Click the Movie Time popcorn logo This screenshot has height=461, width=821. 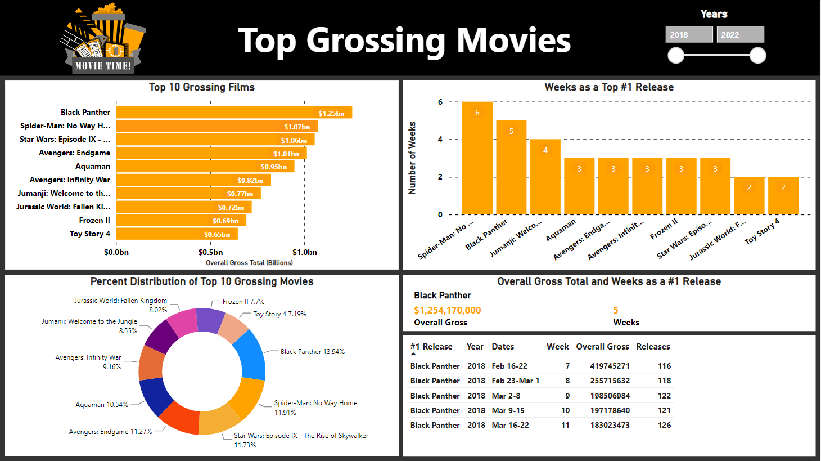coord(103,39)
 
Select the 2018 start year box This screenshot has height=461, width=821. coord(689,34)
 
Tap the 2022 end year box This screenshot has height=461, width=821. coord(740,34)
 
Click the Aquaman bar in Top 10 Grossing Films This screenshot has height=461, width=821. coord(205,167)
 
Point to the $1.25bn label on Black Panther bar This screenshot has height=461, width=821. coord(331,113)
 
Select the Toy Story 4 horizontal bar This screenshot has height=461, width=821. coord(177,234)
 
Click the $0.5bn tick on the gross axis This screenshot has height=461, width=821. coord(210,252)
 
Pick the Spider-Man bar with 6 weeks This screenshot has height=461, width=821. coord(477,158)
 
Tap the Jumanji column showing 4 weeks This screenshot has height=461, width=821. coord(545,177)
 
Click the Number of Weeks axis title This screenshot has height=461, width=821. coord(412,158)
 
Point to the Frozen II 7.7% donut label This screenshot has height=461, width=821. coord(243,302)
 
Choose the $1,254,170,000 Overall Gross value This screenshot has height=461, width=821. coord(447,310)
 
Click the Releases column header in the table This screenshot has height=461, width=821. coord(653,347)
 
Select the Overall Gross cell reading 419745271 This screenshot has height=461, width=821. coord(610,366)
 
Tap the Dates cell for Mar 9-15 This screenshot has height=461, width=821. coord(508,410)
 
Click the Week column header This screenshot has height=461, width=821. coord(557,347)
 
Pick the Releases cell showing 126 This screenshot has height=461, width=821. coord(664,425)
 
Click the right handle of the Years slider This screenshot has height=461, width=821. coord(757,55)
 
